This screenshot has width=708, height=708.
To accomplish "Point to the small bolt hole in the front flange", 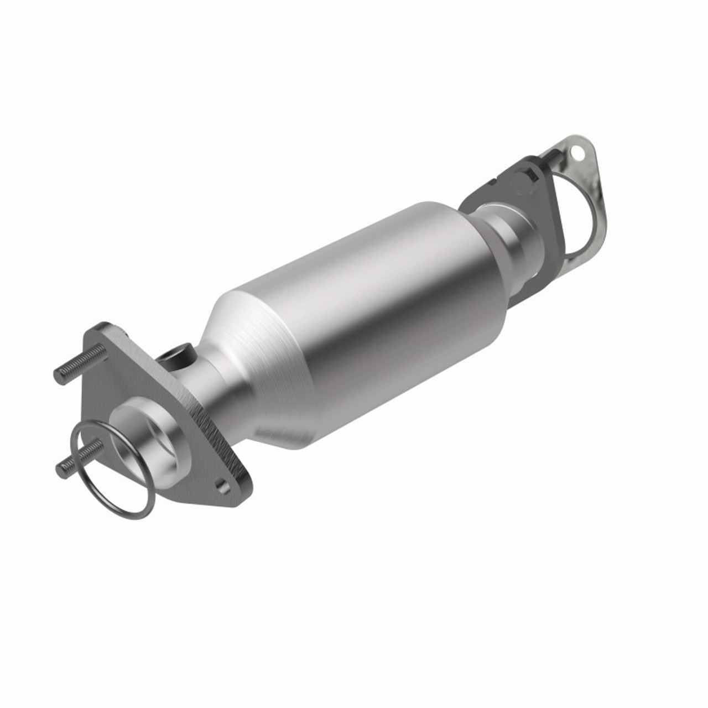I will pyautogui.click(x=222, y=486).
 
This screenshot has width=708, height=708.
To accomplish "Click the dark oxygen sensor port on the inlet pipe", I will pyautogui.click(x=178, y=354).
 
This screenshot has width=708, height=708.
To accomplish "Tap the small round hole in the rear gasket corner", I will pyautogui.click(x=579, y=150).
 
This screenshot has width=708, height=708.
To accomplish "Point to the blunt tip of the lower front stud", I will pyautogui.click(x=60, y=471).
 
